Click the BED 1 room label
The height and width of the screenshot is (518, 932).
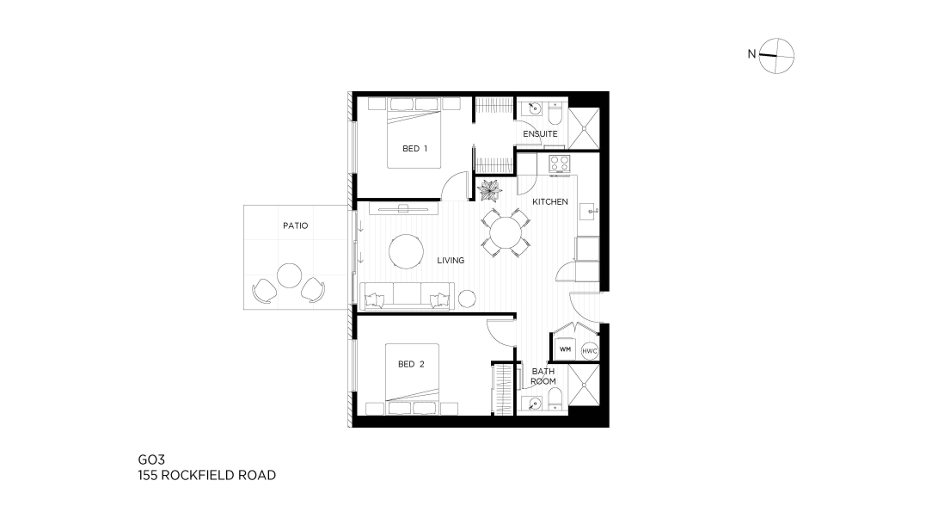(415, 149)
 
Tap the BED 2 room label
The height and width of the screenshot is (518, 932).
(411, 364)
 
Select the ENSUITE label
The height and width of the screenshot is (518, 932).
(540, 134)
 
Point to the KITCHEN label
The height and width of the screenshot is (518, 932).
(549, 201)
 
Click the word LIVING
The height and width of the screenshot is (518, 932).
(451, 260)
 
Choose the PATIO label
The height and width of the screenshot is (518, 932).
(296, 225)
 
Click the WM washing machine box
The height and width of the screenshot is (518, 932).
(565, 349)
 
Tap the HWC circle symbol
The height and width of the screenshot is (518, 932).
(589, 351)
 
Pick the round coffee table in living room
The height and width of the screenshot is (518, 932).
(406, 252)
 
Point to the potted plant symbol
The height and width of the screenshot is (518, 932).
(490, 190)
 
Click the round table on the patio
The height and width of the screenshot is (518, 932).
(290, 275)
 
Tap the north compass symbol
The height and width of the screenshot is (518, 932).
(776, 56)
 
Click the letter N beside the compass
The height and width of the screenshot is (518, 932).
(751, 54)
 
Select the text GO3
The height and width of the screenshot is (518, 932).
(151, 459)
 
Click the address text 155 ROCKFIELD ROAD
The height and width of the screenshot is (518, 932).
(207, 475)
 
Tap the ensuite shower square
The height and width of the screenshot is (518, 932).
(584, 128)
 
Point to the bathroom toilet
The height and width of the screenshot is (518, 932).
(555, 399)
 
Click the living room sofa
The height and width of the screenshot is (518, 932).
(408, 296)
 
